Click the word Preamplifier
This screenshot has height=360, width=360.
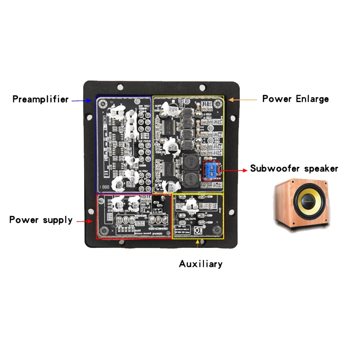tap(40, 99)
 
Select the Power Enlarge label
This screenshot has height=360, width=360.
tap(295, 99)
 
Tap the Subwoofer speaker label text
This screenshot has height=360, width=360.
tap(294, 169)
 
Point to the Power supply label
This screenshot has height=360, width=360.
tap(40, 220)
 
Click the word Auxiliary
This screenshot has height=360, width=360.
tap(201, 264)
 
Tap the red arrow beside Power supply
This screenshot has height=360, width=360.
tap(85, 221)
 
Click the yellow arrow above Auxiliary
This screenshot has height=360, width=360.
tap(198, 246)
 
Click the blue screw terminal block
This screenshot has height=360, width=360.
tap(211, 170)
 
